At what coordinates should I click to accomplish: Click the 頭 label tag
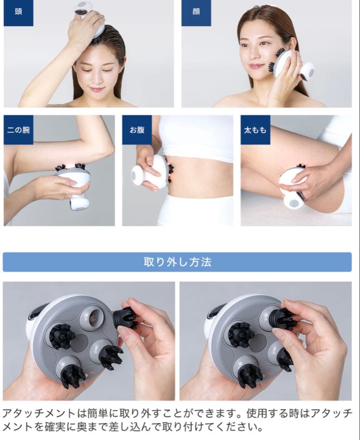click(x=18, y=12)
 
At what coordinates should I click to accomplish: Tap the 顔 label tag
click(x=196, y=12)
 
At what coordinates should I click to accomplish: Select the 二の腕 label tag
click(x=18, y=130)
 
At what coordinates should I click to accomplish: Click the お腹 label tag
click(x=137, y=130)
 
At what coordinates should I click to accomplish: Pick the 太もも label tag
click(x=255, y=130)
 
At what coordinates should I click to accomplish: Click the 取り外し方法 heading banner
click(x=177, y=262)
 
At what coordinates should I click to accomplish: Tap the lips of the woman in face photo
click(x=256, y=66)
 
